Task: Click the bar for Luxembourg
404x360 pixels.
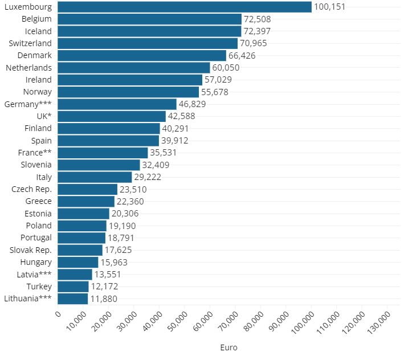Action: (185, 7)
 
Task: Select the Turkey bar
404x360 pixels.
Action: (74, 287)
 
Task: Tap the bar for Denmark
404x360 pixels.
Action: (142, 55)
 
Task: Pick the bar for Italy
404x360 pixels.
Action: (95, 177)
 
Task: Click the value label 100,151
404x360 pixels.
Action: (330, 7)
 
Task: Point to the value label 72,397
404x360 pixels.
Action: (260, 31)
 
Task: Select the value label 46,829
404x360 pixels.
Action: (193, 104)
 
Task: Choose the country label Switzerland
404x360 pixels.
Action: (30, 43)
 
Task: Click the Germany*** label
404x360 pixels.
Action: (28, 104)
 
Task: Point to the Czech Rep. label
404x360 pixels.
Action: (31, 189)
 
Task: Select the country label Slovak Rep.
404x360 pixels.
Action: (31, 250)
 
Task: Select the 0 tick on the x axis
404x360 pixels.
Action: (57, 314)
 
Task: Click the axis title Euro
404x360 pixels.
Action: (228, 347)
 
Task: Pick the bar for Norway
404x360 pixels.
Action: (128, 92)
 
